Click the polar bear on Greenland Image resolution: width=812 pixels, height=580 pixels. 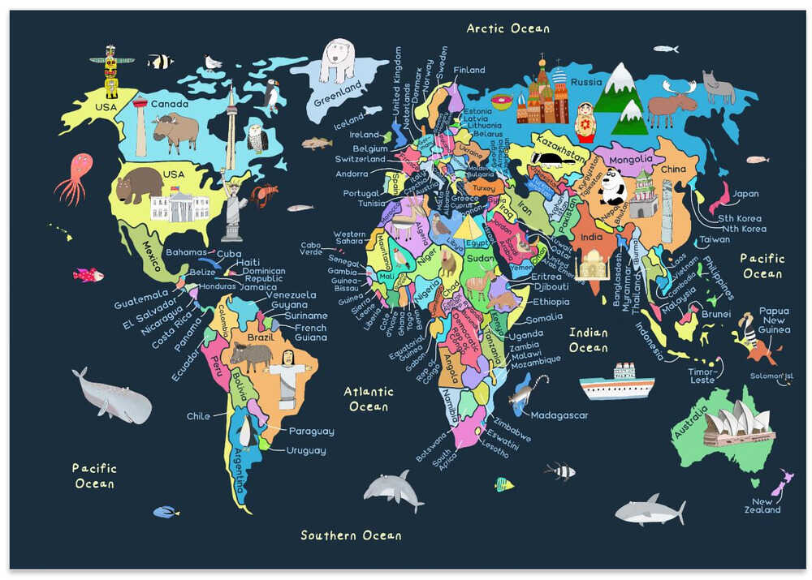[x=337, y=61]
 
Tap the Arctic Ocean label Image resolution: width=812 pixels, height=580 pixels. [x=508, y=28]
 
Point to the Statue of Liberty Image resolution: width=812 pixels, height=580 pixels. [x=234, y=209]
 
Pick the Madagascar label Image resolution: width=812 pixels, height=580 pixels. [x=559, y=415]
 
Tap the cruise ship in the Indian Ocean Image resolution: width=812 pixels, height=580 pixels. [x=617, y=382]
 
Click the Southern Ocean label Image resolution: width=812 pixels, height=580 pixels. [x=351, y=535]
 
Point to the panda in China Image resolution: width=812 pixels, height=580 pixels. [x=612, y=187]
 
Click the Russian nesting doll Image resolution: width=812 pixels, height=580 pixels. [x=585, y=122]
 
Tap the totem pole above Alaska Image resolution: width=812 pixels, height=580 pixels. [x=110, y=72]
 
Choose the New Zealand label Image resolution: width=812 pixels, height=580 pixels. [x=763, y=505]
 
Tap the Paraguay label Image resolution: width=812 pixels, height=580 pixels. [x=311, y=432]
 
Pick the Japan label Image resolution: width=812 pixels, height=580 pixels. [x=745, y=194]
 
